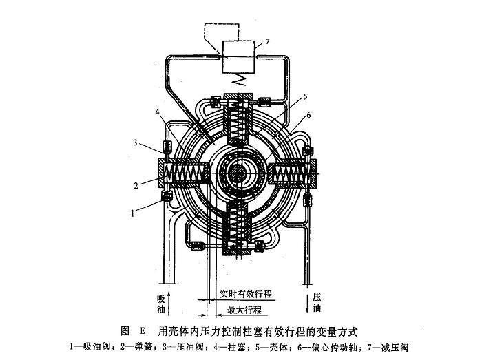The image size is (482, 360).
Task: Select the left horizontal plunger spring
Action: pyautogui.click(x=186, y=174)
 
